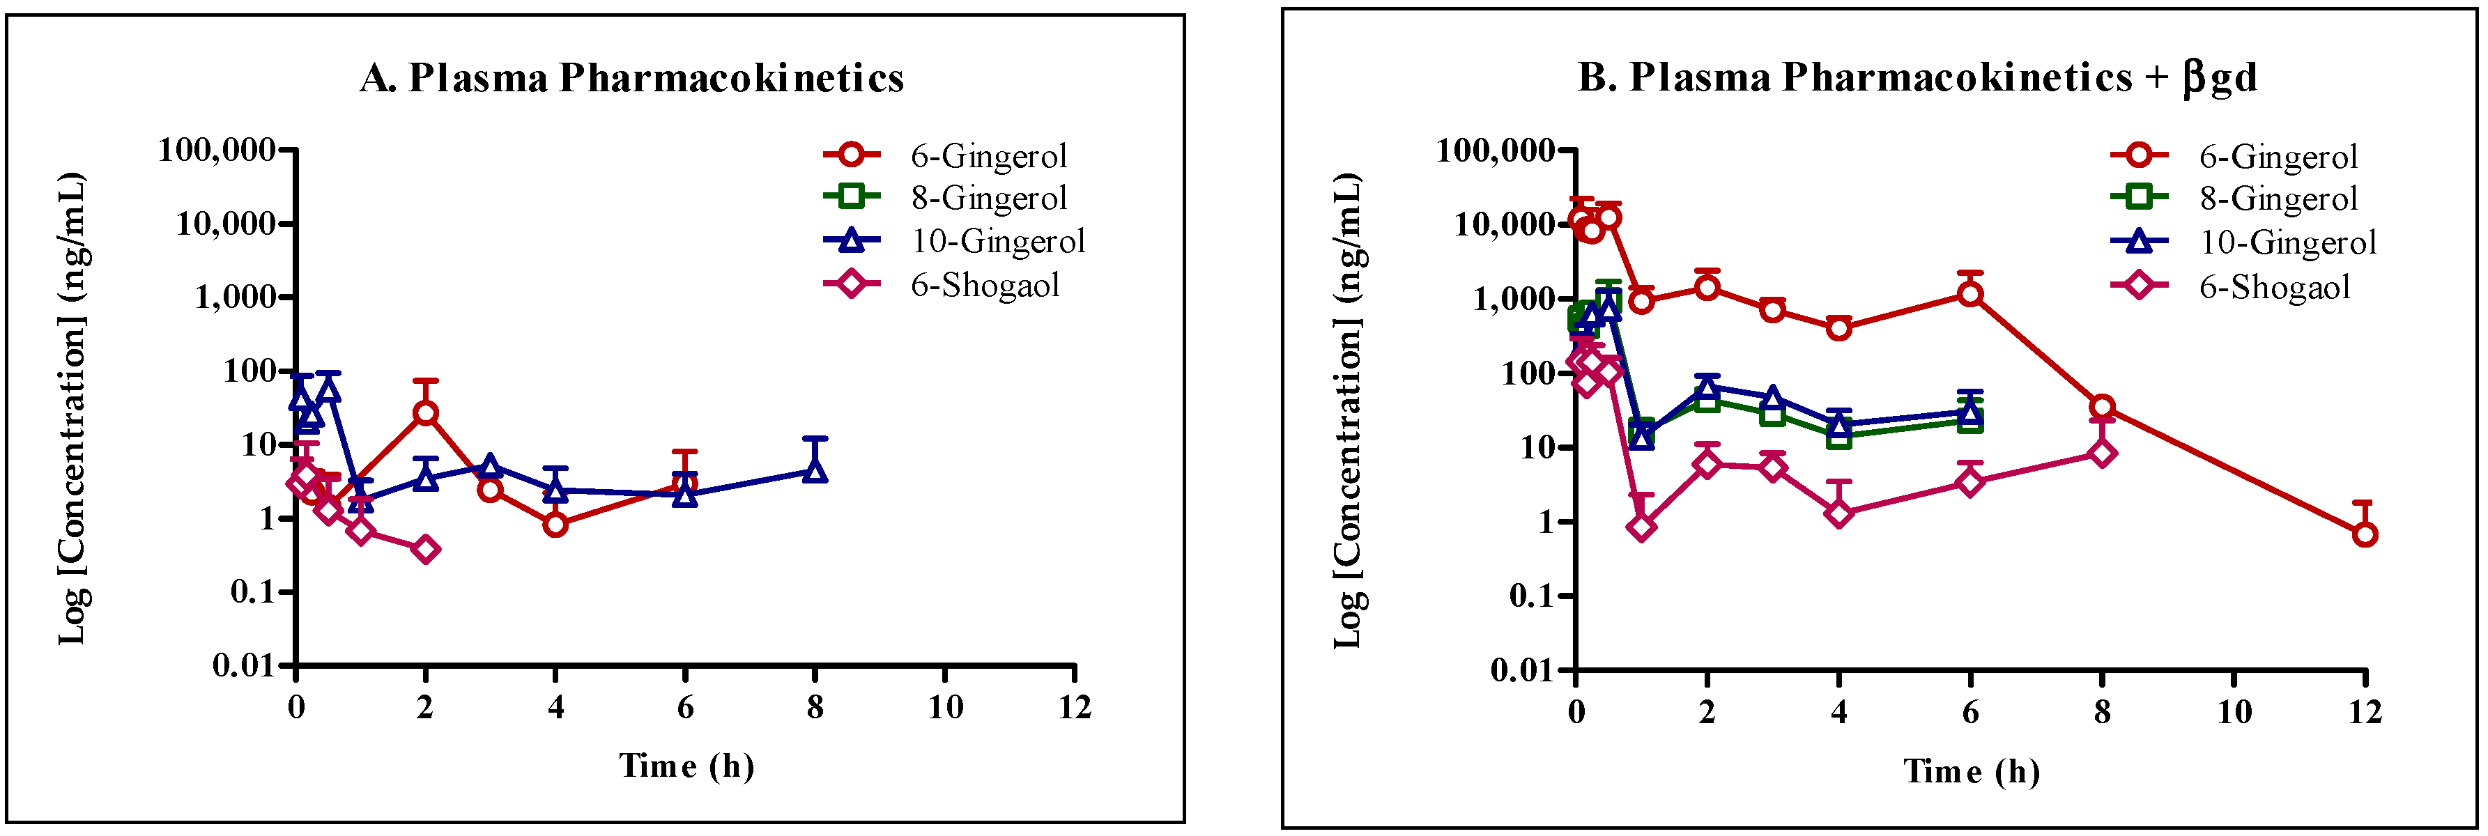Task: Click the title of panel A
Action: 631,77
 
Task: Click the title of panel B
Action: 1917,77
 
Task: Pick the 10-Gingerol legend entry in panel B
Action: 2287,242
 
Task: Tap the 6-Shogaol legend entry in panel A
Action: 984,285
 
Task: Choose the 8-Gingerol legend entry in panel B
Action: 2278,199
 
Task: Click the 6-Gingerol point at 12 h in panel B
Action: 2363,534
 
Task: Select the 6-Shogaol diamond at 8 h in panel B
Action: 2102,453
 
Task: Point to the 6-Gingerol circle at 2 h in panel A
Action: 425,413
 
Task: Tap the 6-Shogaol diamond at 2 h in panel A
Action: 425,549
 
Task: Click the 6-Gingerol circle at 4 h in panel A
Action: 555,524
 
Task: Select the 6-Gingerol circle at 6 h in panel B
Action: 1970,293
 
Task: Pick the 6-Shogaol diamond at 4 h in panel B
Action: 1839,513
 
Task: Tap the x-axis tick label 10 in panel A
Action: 946,708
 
